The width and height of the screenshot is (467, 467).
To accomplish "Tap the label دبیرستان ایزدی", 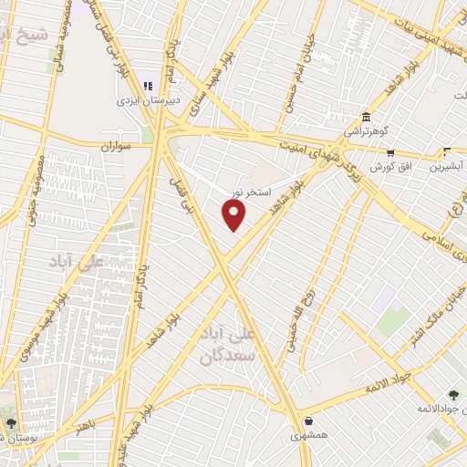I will click(x=144, y=100).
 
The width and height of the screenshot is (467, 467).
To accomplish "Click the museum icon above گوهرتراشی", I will click(x=366, y=117).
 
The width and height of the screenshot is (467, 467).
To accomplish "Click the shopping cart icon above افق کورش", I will click(x=391, y=152).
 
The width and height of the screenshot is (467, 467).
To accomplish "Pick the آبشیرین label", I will click(x=448, y=167).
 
